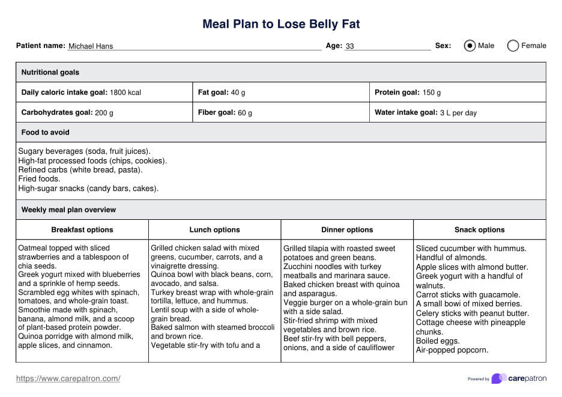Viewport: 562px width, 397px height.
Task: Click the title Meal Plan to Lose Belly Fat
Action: (x=281, y=25)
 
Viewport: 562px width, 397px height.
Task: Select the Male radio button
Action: (x=470, y=46)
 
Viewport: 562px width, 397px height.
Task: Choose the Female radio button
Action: (x=513, y=46)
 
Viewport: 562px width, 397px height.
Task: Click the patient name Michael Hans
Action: (x=91, y=46)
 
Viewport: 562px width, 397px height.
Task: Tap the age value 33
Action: (x=350, y=46)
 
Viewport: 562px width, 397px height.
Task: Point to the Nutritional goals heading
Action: (x=50, y=72)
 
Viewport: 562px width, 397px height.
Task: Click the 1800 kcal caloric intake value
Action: (x=125, y=92)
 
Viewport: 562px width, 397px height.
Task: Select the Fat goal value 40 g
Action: (x=238, y=92)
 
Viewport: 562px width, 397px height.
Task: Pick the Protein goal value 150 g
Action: (x=431, y=92)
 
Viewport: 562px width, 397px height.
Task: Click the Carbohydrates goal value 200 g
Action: (x=104, y=112)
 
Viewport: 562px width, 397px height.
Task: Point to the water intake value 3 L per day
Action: (x=459, y=112)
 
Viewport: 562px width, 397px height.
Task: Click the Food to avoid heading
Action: (x=46, y=132)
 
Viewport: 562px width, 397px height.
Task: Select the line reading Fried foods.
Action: (x=39, y=179)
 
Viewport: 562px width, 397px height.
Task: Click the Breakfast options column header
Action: (x=82, y=229)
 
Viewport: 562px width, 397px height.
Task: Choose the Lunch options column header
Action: (x=214, y=229)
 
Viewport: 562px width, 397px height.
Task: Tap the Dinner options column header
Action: (x=347, y=229)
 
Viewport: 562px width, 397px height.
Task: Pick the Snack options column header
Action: (x=479, y=229)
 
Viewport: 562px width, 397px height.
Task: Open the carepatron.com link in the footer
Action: (x=68, y=378)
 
